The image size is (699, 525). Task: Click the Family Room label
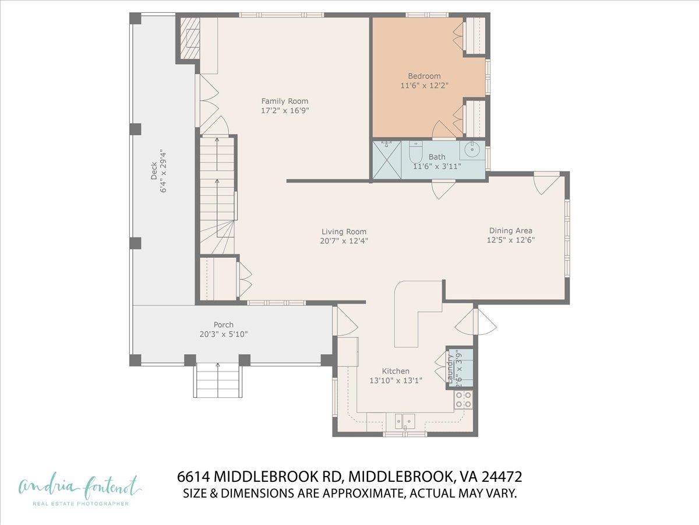click(x=284, y=101)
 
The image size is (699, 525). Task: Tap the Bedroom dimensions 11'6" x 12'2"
click(x=424, y=86)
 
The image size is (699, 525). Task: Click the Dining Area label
click(x=510, y=230)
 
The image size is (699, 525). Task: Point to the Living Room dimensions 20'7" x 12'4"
click(x=344, y=240)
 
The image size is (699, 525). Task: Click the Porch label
click(x=223, y=325)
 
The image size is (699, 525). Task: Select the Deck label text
click(x=154, y=170)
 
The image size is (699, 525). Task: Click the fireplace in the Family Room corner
click(x=189, y=38)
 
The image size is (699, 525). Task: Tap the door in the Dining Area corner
click(x=546, y=183)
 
